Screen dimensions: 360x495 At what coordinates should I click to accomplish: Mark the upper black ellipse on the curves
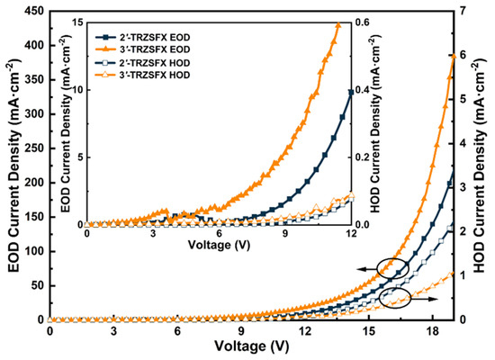(392, 266)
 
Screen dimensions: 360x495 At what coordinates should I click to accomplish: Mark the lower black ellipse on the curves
(394, 298)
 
